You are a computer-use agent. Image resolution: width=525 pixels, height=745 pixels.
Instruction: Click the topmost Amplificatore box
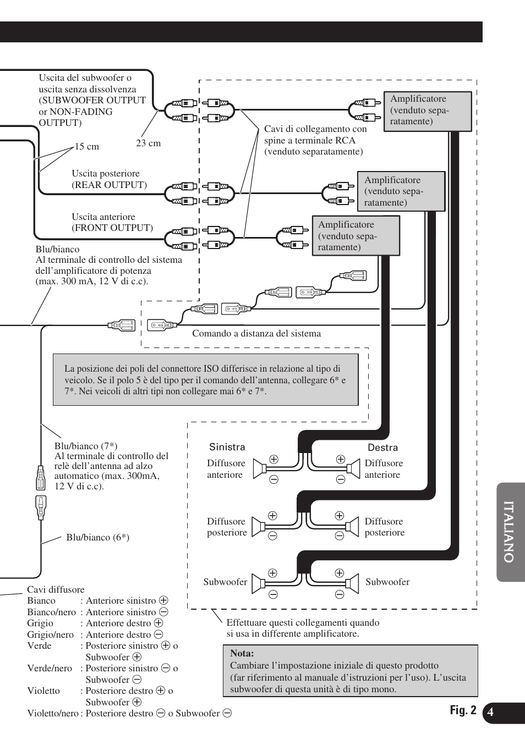[427, 111]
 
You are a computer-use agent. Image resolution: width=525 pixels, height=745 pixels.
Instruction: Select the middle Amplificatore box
[401, 191]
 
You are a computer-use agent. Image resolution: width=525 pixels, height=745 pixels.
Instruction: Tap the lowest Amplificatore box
[356, 236]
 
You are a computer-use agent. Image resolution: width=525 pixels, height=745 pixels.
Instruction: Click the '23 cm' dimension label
[149, 144]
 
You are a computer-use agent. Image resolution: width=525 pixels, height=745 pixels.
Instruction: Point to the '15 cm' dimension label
[87, 147]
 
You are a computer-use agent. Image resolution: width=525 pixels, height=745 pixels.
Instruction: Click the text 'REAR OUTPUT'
[110, 185]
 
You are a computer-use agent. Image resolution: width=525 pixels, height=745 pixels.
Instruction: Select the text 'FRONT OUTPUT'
[113, 228]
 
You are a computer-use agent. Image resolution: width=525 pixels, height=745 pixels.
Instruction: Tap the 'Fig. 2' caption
[463, 710]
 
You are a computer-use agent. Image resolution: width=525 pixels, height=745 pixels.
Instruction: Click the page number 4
[490, 713]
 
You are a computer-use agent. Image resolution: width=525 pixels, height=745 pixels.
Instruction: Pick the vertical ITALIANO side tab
[510, 532]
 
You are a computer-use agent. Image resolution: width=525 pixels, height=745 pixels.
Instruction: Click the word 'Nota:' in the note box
[242, 654]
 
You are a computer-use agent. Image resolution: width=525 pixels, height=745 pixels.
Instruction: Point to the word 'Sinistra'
[227, 448]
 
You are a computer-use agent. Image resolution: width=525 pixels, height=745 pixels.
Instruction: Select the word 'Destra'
[382, 448]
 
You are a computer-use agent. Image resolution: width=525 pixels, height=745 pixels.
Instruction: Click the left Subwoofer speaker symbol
[259, 583]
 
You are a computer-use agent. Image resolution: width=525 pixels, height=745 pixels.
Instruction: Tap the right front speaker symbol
[352, 469]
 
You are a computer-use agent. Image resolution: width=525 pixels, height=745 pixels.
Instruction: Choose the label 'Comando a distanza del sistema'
[256, 334]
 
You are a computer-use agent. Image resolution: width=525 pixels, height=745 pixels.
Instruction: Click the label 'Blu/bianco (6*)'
[98, 538]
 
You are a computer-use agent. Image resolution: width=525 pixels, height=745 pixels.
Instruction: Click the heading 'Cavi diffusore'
[56, 590]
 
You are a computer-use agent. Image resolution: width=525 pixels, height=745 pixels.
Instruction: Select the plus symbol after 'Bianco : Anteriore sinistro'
[163, 601]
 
